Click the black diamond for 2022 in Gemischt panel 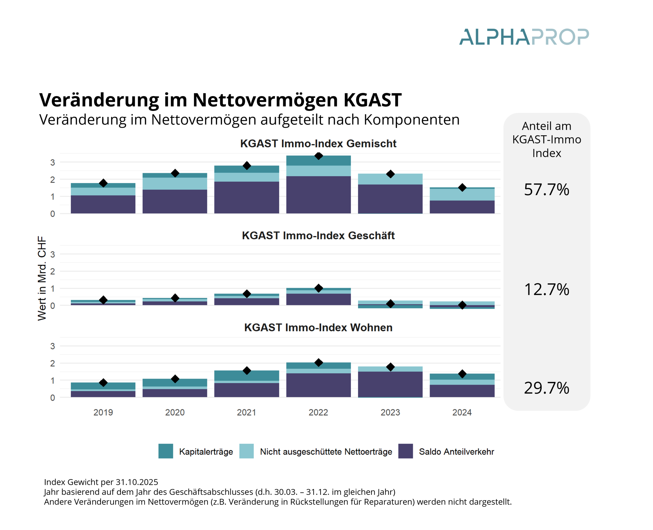[318, 156]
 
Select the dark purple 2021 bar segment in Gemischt [246, 197]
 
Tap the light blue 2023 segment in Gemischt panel [390, 179]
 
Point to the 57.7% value [546, 190]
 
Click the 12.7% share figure [546, 289]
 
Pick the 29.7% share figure [546, 388]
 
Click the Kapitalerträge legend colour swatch [166, 451]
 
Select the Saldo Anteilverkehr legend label [456, 452]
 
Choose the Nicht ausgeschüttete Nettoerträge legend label [326, 452]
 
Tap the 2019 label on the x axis [103, 413]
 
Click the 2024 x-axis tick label [462, 413]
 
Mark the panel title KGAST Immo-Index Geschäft [318, 235]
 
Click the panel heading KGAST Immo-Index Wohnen [318, 327]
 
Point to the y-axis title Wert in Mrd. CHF [42, 278]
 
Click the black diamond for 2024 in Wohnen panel [462, 374]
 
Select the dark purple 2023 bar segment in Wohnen [390, 384]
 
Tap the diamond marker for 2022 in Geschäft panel [318, 288]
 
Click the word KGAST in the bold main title [372, 100]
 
